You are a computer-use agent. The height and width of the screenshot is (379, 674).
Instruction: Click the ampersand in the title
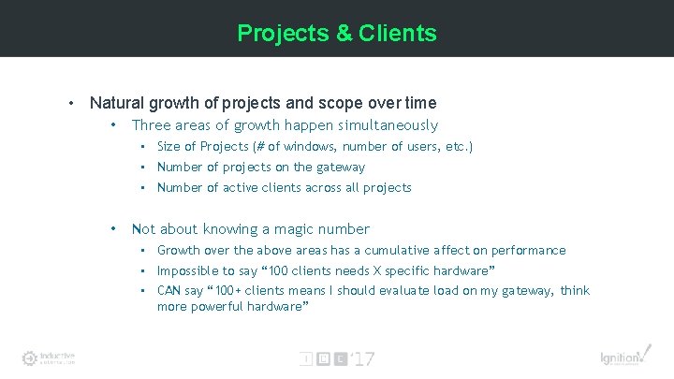[x=344, y=34]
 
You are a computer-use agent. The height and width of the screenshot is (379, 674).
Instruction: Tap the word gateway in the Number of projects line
[x=341, y=168]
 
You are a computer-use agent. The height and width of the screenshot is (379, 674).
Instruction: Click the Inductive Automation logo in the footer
[x=49, y=357]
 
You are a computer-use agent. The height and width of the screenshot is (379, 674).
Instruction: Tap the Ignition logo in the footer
[x=622, y=357]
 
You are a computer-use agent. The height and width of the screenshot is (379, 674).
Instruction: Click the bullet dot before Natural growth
[x=72, y=103]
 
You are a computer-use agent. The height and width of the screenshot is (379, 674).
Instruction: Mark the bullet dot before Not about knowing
[x=113, y=229]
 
